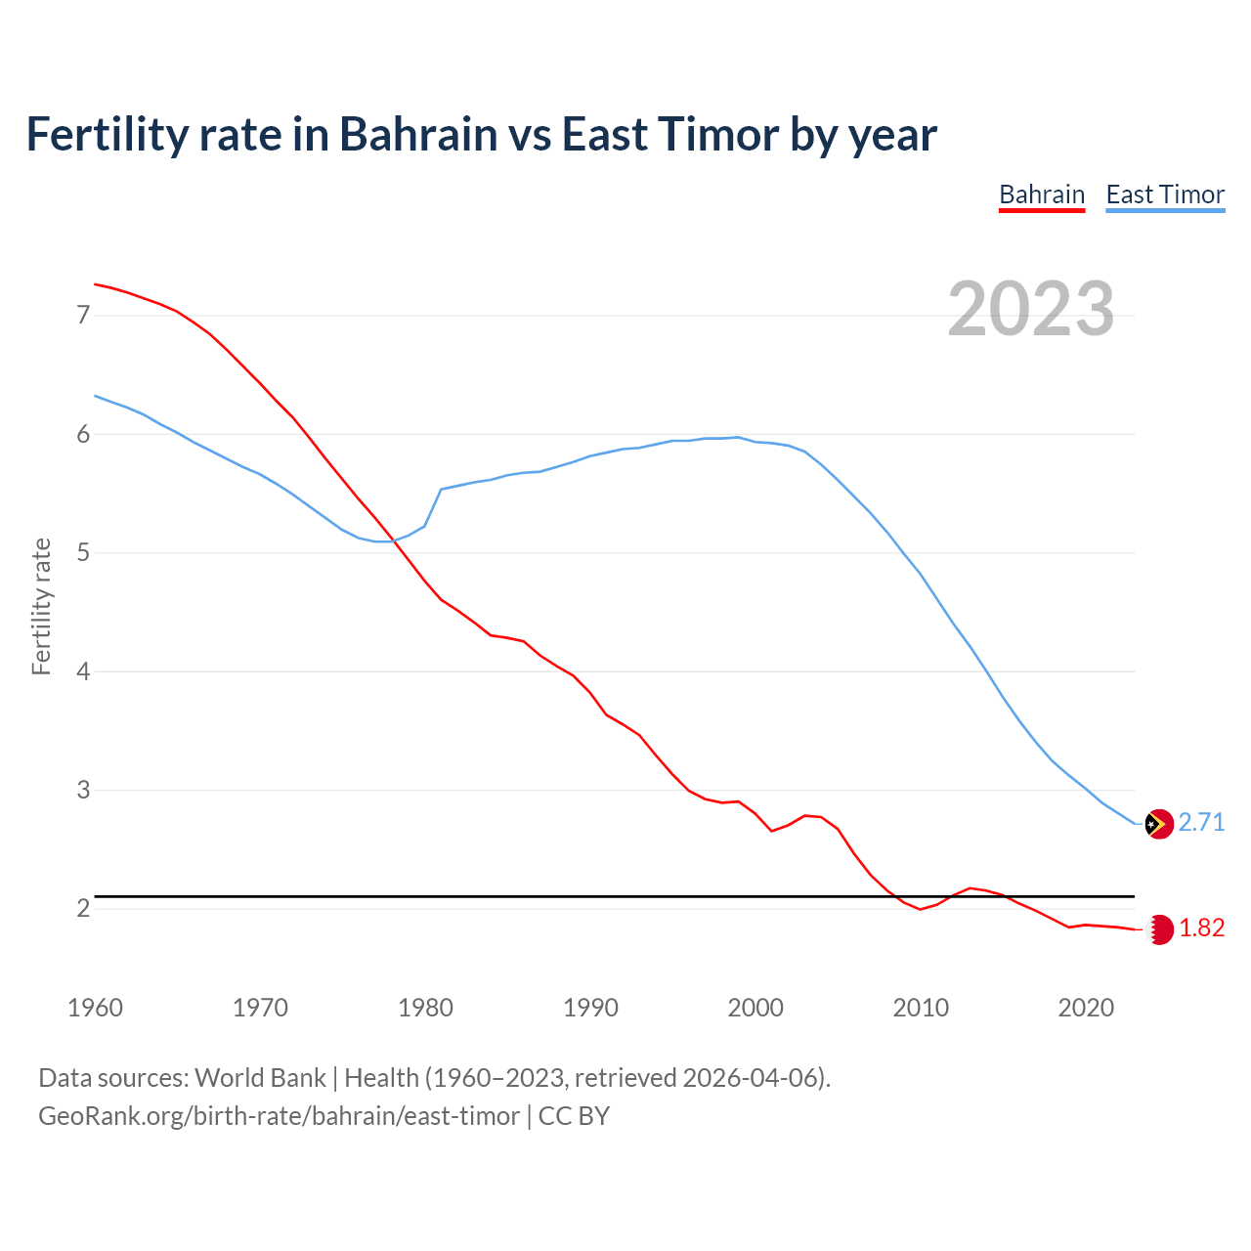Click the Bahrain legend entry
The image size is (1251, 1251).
(x=1042, y=194)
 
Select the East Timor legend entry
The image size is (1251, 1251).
(x=1165, y=194)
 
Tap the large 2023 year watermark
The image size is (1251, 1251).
(x=1031, y=309)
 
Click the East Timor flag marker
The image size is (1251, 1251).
(x=1158, y=824)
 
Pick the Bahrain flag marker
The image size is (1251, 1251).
(x=1159, y=928)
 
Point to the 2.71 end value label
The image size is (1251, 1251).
(x=1201, y=823)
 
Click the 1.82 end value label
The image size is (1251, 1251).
(x=1201, y=928)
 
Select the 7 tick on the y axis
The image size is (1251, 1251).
(x=83, y=315)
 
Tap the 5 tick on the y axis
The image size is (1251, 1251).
(x=83, y=553)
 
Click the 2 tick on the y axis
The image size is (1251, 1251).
(x=83, y=909)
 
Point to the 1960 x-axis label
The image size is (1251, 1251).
(x=95, y=1008)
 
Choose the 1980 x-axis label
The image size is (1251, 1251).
(x=425, y=1008)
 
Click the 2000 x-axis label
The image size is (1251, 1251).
(x=755, y=1008)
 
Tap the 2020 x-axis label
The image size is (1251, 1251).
(x=1086, y=1008)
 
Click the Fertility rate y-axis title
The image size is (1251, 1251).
(x=41, y=606)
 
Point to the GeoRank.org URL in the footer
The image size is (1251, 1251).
(x=279, y=1116)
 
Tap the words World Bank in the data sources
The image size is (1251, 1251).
(x=260, y=1078)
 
